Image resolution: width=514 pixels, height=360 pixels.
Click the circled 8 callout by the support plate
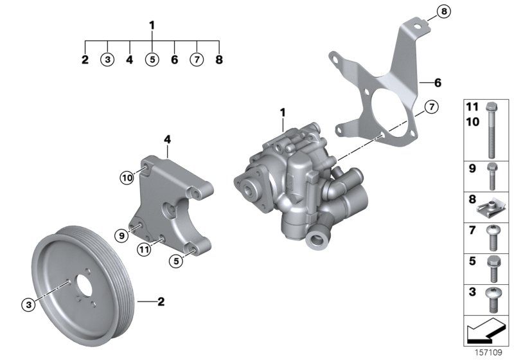click(x=444, y=11)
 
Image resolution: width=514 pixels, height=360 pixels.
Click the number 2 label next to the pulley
click(x=161, y=301)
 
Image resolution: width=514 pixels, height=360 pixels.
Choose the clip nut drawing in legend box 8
click(x=490, y=206)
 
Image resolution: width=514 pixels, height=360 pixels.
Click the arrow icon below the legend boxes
click(x=486, y=332)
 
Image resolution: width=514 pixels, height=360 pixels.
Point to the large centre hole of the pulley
click(x=82, y=288)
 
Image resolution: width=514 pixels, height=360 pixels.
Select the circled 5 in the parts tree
click(x=152, y=60)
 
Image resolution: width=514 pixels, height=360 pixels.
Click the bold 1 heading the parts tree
click(x=152, y=26)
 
